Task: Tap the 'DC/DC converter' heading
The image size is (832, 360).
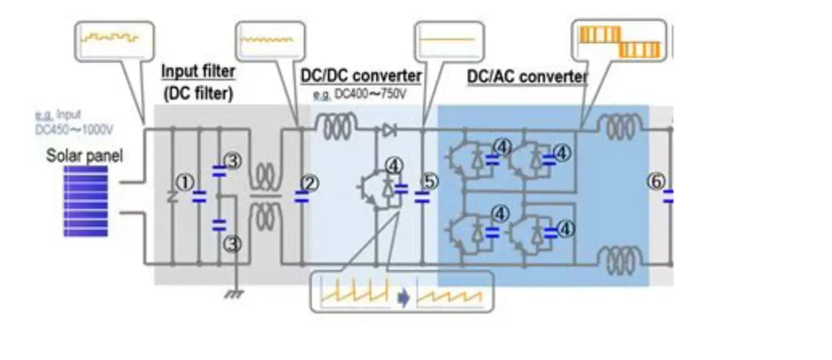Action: point(361,76)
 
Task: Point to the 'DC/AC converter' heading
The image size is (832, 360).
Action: point(526,77)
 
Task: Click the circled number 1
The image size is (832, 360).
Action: point(186,184)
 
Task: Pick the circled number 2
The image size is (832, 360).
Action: point(311,184)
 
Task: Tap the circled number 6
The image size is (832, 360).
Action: point(655,183)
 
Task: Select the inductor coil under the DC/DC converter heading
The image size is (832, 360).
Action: point(335,122)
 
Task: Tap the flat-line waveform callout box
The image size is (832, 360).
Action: point(451,40)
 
